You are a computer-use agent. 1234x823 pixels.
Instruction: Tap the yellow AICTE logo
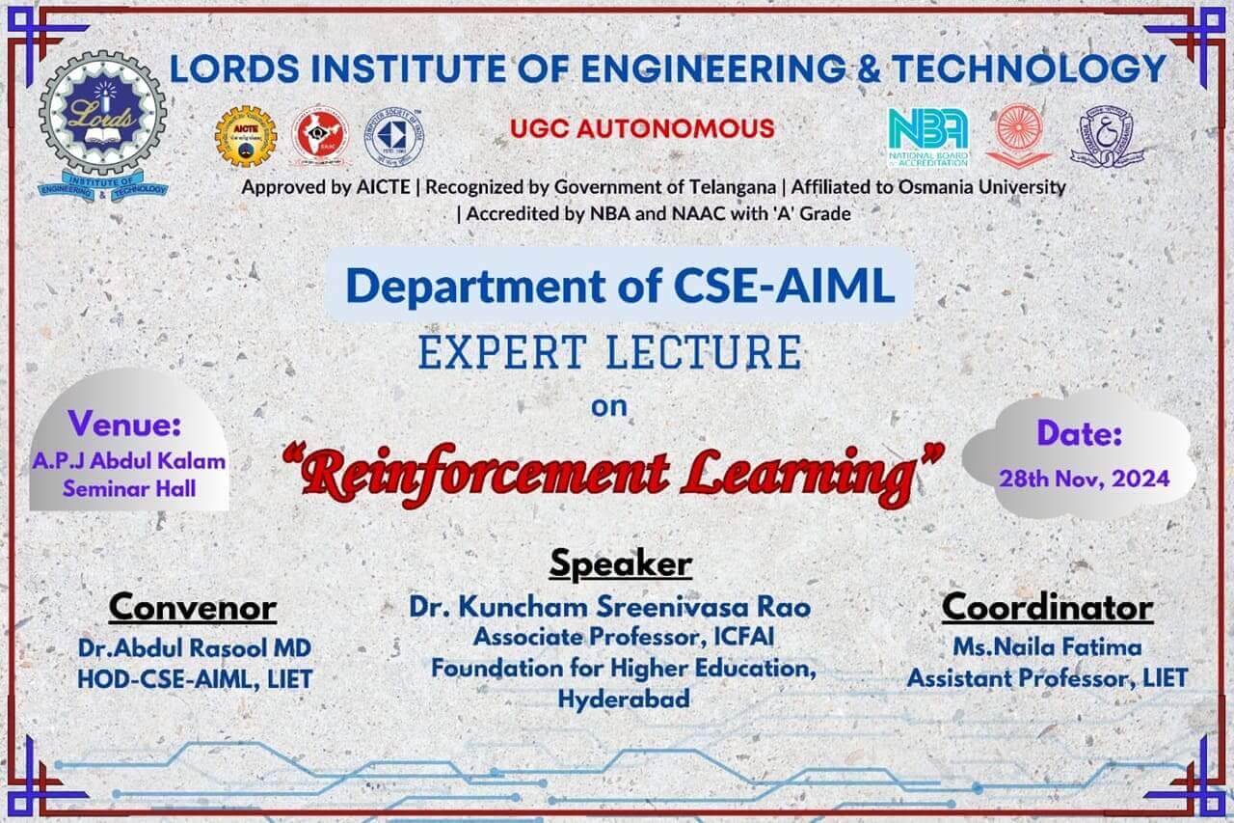[x=245, y=135]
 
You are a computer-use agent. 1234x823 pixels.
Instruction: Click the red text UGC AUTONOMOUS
[x=642, y=127]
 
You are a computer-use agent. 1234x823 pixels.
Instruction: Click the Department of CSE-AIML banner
[x=620, y=285]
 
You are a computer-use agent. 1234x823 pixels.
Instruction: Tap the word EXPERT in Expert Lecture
[x=498, y=352]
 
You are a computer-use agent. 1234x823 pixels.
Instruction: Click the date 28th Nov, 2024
[x=1084, y=478]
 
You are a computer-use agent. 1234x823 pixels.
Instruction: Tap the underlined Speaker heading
[x=620, y=563]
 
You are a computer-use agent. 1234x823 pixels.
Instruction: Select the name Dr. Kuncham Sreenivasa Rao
[x=610, y=607]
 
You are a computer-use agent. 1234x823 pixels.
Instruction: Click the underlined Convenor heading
[x=193, y=608]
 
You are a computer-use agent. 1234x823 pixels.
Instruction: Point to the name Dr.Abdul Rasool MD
[x=195, y=647]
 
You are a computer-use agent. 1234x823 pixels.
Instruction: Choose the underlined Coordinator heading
[x=1047, y=608]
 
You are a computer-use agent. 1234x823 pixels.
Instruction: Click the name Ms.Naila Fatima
[x=1047, y=646]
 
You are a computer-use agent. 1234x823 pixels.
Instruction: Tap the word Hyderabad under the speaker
[x=624, y=700]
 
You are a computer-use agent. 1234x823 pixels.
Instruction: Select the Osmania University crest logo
[x=1101, y=136]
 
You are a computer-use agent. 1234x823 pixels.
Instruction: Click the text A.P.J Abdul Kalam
[x=128, y=461]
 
